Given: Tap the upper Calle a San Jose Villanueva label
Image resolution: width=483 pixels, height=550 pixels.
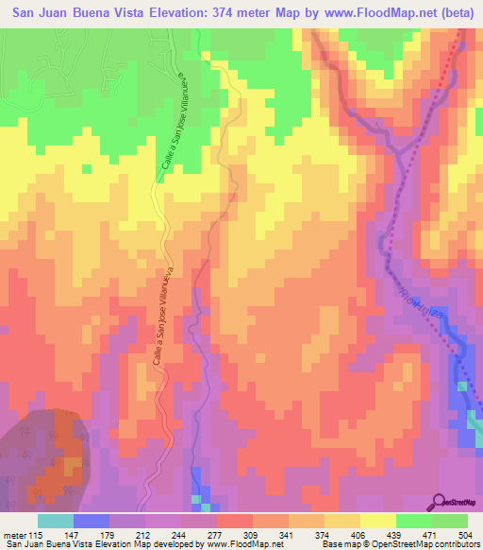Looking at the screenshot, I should pos(175,145).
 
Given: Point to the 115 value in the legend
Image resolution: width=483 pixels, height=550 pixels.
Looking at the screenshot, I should pos(37,534).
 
